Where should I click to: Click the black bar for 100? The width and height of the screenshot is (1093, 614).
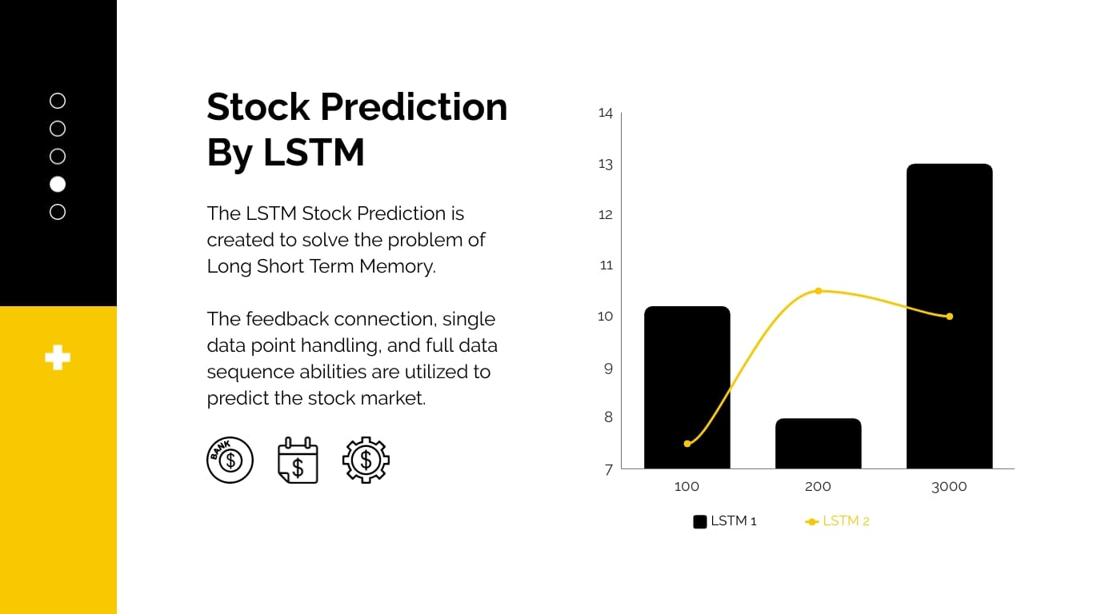pos(687,388)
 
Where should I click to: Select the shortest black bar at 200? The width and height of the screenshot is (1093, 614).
pos(818,444)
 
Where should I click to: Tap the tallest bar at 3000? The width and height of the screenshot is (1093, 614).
pos(949,240)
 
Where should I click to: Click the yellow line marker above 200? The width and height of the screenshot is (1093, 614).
pos(818,291)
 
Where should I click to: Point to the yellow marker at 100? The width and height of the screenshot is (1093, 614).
pos(687,444)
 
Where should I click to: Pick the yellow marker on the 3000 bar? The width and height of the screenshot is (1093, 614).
pos(949,317)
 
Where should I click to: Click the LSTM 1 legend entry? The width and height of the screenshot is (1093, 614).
pos(725,521)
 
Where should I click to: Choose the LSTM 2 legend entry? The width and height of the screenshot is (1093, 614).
pos(837,521)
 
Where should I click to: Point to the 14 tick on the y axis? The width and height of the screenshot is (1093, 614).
pos(606,114)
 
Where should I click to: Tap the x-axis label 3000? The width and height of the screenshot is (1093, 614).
pos(949,487)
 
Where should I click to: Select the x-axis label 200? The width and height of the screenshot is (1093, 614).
pos(818,487)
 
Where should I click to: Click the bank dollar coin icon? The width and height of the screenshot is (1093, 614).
pos(230,460)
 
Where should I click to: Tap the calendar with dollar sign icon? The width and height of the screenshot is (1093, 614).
pos(298,460)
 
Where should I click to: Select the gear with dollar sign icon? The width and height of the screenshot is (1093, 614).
pos(366,460)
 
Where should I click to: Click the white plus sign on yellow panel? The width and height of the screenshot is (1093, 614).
pos(58,357)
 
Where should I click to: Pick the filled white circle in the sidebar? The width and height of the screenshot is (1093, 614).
pos(58,184)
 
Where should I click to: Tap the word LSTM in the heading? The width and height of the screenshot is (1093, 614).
pos(314,152)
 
